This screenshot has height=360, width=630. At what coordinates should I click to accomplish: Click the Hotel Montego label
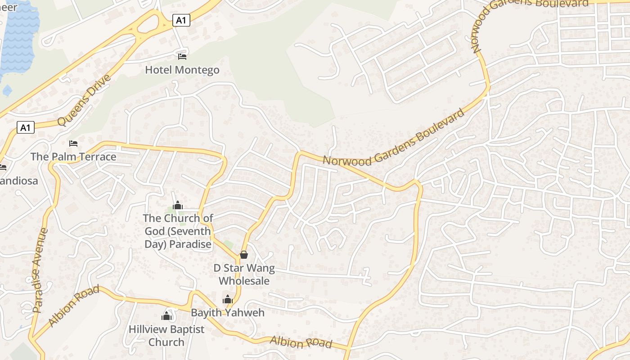point(182,70)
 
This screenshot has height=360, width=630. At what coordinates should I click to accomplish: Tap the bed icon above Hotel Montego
point(182,57)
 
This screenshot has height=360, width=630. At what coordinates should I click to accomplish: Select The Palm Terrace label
point(73,157)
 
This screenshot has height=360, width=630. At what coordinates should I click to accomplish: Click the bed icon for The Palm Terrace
point(73,144)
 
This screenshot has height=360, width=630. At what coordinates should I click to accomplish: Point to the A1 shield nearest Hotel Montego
point(181,20)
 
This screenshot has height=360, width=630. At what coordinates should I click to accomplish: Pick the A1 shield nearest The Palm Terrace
point(26,127)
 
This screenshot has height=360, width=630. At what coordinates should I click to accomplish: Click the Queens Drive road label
point(84,101)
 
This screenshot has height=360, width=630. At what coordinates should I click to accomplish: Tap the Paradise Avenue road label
point(40,270)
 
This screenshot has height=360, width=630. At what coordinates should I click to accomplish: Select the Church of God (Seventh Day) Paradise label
point(178,231)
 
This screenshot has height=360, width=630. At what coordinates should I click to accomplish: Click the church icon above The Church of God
point(178,206)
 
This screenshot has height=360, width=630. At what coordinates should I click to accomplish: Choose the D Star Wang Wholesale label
point(244,274)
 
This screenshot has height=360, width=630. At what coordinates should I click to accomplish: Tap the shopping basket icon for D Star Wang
point(244,255)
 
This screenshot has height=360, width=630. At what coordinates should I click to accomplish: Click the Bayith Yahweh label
point(228,312)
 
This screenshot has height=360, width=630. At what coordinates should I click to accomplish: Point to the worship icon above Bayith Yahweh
point(228,299)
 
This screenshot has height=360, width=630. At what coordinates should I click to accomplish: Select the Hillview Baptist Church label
point(166,336)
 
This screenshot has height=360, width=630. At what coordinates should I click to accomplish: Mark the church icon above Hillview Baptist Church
point(167,316)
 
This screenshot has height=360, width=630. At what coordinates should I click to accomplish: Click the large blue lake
point(18,36)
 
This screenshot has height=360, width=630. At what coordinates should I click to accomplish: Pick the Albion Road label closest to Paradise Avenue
point(74,306)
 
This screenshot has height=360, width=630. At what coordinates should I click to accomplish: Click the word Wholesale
point(244,281)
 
